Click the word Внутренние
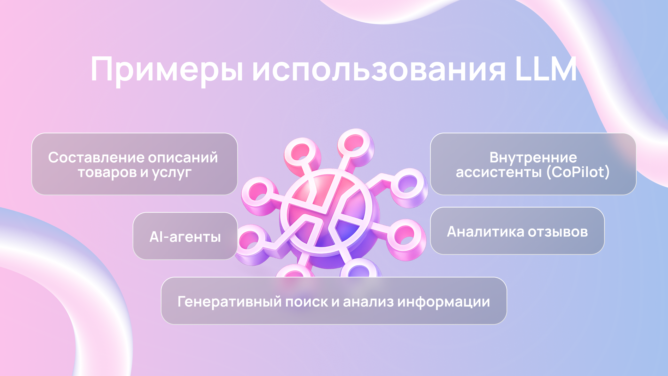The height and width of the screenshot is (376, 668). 533,157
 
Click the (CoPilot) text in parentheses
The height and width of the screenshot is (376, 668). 578,172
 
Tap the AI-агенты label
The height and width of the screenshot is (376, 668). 185,237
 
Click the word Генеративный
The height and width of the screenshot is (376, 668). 229,302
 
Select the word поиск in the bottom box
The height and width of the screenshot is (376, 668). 307,302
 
